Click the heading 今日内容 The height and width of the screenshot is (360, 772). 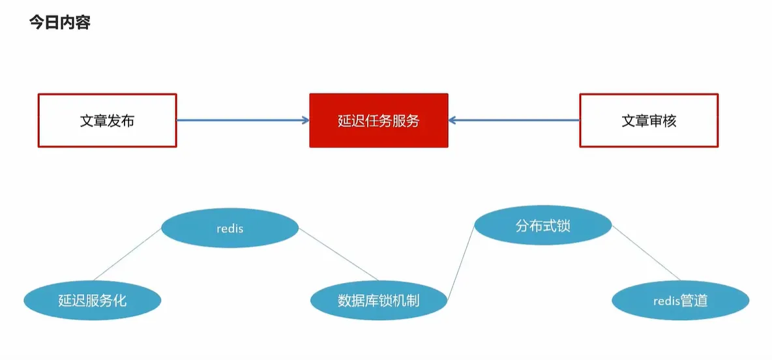click(x=59, y=23)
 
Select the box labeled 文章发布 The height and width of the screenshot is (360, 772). click(x=107, y=121)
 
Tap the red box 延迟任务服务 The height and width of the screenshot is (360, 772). click(x=379, y=121)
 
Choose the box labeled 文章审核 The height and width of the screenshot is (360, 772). click(x=649, y=121)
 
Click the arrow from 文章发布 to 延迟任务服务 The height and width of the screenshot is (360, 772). click(x=241, y=120)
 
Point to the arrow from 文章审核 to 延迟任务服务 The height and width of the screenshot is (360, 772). click(x=515, y=120)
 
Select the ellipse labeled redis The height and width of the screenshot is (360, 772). click(x=230, y=228)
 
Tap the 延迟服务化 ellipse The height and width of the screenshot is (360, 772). click(x=92, y=301)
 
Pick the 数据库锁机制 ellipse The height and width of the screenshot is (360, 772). click(x=379, y=301)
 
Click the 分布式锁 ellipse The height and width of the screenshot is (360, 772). click(x=542, y=226)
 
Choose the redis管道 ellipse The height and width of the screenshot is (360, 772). click(x=680, y=301)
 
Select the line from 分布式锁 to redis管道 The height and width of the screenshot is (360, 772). click(x=646, y=254)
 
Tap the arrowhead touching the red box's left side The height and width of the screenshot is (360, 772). click(x=304, y=120)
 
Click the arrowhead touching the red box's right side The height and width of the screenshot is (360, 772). click(x=453, y=120)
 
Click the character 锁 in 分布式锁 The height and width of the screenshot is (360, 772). click(x=563, y=226)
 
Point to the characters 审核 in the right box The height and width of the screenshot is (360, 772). click(x=662, y=121)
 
